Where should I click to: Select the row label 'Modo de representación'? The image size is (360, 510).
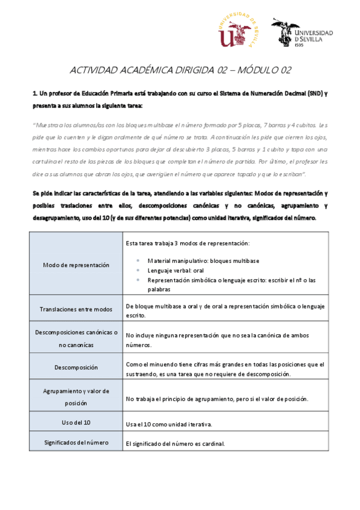click(76, 265)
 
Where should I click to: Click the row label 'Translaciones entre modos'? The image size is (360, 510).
click(76, 309)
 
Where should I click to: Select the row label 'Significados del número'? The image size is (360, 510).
click(76, 443)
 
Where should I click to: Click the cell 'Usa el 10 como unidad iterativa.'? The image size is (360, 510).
click(169, 425)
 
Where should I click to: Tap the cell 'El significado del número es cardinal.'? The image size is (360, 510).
click(175, 444)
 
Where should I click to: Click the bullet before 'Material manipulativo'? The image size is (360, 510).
click(139, 260)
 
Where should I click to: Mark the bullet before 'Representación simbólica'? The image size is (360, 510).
click(139, 280)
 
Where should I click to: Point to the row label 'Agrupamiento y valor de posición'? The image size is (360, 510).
click(76, 397)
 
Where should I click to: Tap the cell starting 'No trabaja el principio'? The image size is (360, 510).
click(217, 399)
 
